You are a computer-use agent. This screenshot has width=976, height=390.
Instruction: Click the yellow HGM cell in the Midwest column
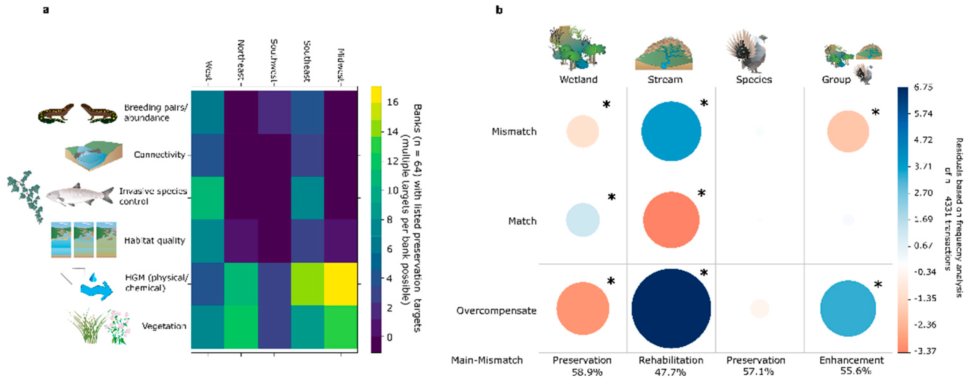click(x=341, y=284)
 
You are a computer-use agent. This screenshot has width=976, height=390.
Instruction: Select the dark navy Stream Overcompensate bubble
click(x=671, y=308)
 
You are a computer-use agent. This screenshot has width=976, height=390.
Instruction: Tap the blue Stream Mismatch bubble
click(x=671, y=131)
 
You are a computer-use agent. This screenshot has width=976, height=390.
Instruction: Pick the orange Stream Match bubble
click(x=671, y=220)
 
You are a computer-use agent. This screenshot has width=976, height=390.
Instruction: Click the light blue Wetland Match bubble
click(x=583, y=220)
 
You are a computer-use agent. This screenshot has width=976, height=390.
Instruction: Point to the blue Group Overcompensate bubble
click(x=848, y=308)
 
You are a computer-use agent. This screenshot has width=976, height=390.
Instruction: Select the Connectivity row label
click(x=159, y=155)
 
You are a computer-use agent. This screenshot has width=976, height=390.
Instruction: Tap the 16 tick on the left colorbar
click(x=393, y=102)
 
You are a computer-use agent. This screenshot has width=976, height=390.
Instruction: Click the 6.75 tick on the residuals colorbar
click(x=922, y=87)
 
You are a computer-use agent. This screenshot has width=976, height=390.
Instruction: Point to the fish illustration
click(x=80, y=195)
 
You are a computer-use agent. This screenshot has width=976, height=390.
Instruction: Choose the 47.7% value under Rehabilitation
click(x=670, y=372)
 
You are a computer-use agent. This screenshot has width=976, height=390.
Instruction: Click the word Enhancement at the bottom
click(x=851, y=360)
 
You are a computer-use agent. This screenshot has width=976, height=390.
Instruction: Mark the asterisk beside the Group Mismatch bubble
click(x=876, y=112)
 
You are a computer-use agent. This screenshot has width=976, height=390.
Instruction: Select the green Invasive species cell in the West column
click(x=208, y=198)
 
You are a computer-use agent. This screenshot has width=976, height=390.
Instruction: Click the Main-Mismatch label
click(x=487, y=360)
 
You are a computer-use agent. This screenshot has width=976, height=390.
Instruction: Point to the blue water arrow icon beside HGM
click(x=97, y=288)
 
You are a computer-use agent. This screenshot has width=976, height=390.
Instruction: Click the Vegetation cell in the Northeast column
click(x=241, y=326)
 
